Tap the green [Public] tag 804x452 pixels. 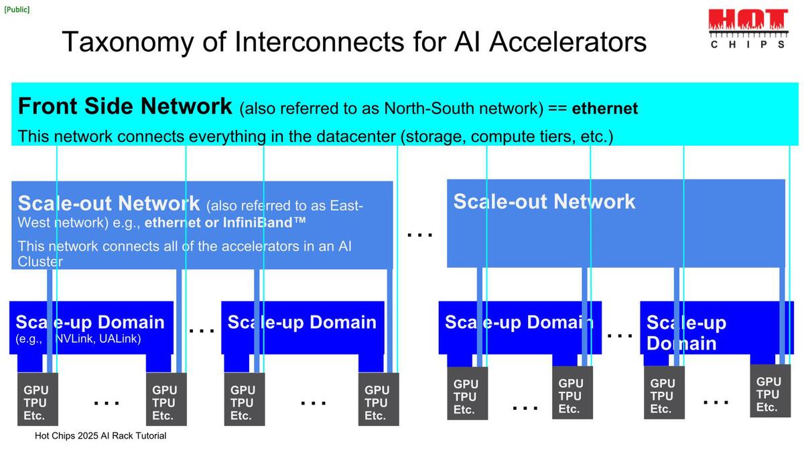tap(17, 9)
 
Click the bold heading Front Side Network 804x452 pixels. tap(125, 106)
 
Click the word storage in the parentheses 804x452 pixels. tap(433, 137)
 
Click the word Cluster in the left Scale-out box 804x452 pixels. tap(40, 261)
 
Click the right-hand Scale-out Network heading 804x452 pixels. tap(544, 202)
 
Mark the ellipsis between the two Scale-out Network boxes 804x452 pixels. tap(420, 234)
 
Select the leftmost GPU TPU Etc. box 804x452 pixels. tap(36, 402)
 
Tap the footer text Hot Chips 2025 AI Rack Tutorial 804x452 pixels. tap(100, 436)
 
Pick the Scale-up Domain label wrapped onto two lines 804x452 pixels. tap(686, 333)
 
